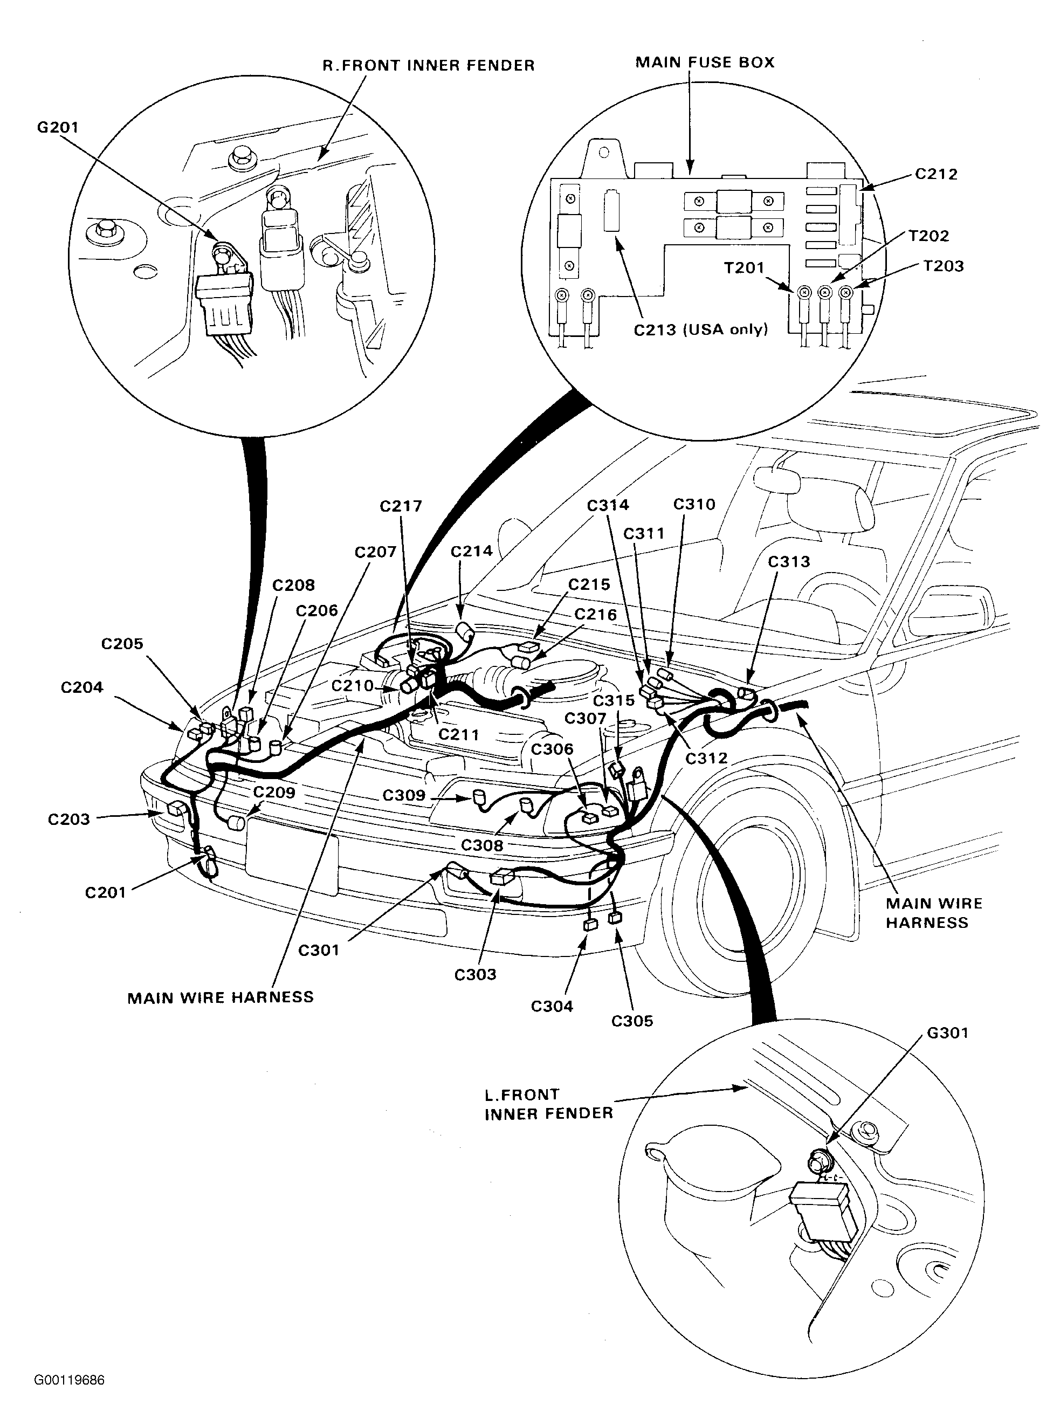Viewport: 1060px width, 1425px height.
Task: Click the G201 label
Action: click(x=57, y=127)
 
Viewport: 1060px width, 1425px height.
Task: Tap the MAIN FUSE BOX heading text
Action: click(x=705, y=62)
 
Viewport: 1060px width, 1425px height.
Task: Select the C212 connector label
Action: click(x=935, y=174)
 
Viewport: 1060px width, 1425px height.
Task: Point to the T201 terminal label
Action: click(x=744, y=267)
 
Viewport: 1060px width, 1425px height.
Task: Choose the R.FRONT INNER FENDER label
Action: click(x=428, y=65)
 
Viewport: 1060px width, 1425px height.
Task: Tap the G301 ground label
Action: click(x=947, y=1033)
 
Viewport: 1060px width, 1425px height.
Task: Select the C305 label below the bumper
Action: click(x=631, y=1021)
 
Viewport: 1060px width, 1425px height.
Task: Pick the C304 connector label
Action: click(x=551, y=1006)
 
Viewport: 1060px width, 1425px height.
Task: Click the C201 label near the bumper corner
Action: click(x=105, y=892)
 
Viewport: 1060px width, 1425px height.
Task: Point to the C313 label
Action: click(x=789, y=561)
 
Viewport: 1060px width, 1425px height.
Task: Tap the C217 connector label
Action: click(x=401, y=506)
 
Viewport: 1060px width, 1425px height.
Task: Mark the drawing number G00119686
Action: click(x=70, y=1380)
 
